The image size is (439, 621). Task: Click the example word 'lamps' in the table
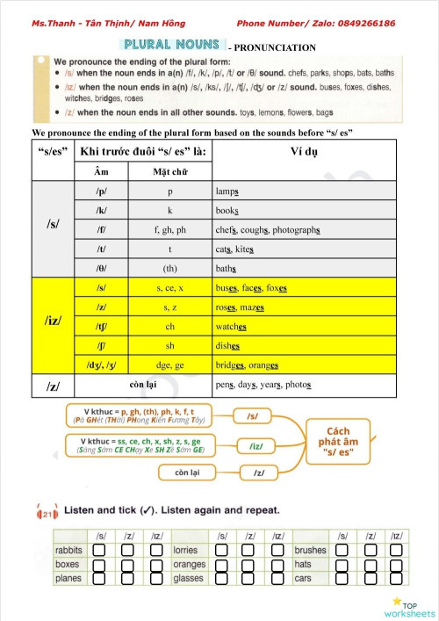click(228, 191)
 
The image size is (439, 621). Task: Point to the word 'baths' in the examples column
click(227, 268)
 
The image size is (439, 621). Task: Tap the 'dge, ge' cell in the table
click(169, 365)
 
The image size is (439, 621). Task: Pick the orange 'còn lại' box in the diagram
click(191, 473)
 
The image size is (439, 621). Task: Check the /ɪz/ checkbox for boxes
click(155, 565)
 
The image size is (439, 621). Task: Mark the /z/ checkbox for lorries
click(247, 551)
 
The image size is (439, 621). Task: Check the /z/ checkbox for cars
click(368, 579)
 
